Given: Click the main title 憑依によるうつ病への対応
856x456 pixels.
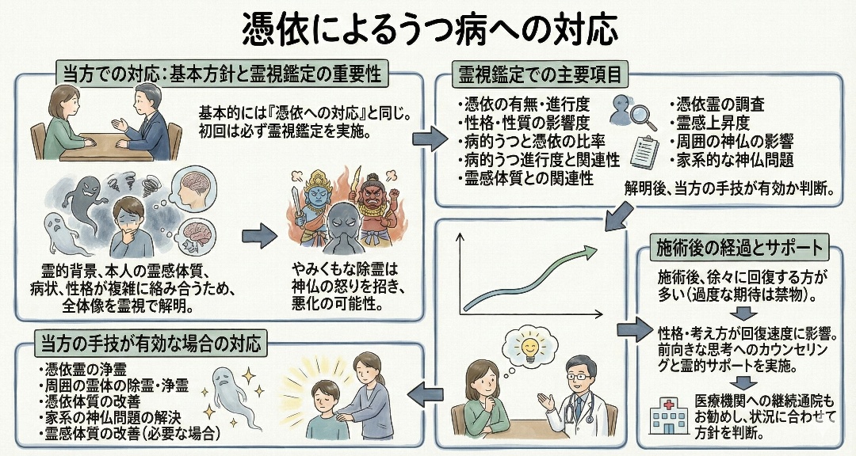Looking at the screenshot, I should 428,29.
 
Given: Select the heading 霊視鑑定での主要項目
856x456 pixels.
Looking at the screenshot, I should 540,74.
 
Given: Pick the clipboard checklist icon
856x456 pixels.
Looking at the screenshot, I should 648,150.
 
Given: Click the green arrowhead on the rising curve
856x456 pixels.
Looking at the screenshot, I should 591,253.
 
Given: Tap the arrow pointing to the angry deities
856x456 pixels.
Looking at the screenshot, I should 258,234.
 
